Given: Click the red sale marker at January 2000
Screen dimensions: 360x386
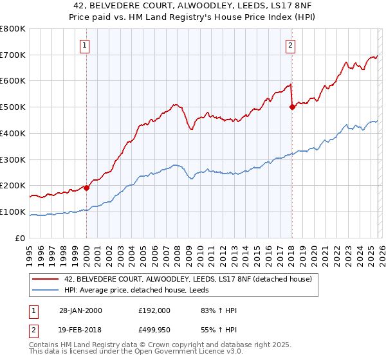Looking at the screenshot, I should (86, 188).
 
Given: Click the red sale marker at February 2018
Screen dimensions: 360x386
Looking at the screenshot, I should (292, 107).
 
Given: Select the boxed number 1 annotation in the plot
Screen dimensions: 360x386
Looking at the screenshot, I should (86, 45).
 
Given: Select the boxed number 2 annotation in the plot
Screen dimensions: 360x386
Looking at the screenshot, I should (291, 45).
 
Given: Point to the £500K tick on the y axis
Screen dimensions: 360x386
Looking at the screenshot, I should (13, 107).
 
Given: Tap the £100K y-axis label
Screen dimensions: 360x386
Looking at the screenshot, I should (13, 212).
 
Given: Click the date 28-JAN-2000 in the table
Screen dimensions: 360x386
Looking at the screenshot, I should (80, 310).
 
